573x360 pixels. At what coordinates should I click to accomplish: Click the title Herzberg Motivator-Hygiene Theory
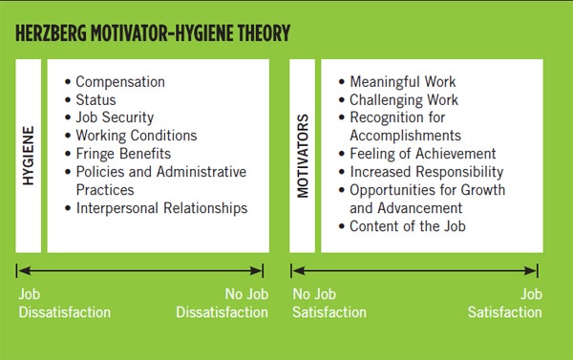pos(153,35)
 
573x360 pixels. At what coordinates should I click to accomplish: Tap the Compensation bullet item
pos(119,82)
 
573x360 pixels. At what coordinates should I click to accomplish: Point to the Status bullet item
pos(97,100)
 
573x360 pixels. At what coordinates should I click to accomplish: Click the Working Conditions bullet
pos(136,137)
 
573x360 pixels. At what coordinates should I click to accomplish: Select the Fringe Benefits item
pos(123,154)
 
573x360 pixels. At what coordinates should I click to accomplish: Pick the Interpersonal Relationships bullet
pos(161,208)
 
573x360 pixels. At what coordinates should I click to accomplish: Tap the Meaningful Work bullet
pos(402,82)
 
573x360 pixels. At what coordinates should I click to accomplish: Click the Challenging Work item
pos(403,100)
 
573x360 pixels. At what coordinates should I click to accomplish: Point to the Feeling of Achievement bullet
pos(422,154)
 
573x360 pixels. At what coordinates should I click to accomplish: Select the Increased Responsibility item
pos(426,172)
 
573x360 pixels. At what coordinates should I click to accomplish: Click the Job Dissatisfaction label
pos(64,304)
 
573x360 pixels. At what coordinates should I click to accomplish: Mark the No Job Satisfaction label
pos(328,304)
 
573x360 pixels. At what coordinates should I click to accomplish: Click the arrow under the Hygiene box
pos(140,272)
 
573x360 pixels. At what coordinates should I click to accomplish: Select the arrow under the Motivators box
pos(414,272)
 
